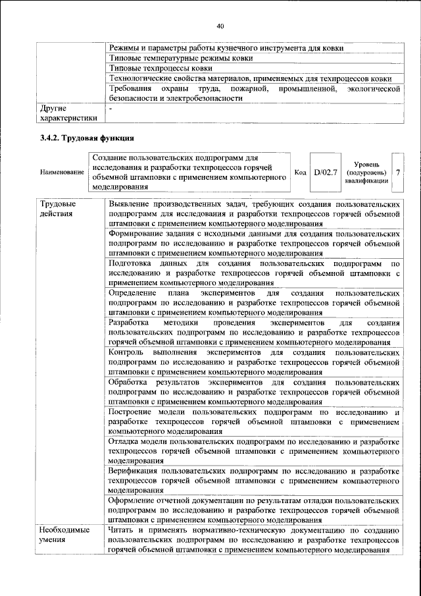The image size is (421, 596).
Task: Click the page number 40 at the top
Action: tap(220, 26)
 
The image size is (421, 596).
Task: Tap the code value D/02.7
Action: tap(325, 172)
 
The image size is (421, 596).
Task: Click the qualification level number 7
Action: tap(397, 172)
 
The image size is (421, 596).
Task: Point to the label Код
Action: tap(300, 173)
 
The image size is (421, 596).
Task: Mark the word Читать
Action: tap(123, 531)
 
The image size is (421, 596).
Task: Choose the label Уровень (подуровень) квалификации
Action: tap(366, 173)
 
